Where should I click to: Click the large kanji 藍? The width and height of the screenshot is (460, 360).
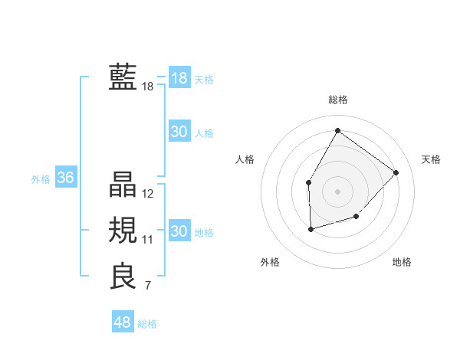(123, 77)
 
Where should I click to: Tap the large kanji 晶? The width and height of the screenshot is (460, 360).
(123, 185)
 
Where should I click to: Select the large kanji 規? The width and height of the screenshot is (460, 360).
(123, 230)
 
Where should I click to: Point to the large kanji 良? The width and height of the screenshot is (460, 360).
(123, 276)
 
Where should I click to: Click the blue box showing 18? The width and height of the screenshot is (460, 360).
(179, 78)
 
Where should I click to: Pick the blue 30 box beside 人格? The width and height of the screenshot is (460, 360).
(179, 132)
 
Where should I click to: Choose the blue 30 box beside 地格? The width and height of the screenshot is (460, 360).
(179, 231)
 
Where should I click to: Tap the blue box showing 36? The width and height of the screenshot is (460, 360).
(65, 178)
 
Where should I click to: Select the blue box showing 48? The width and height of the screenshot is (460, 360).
(122, 322)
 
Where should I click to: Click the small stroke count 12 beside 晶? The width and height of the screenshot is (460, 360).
(148, 195)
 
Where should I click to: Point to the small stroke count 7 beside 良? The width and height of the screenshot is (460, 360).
(148, 286)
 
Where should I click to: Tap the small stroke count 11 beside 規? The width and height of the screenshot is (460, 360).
(148, 240)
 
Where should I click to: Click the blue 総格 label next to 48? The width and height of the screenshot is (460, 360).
(147, 324)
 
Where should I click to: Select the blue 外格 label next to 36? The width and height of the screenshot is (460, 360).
(41, 179)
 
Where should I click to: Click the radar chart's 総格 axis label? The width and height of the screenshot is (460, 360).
(337, 100)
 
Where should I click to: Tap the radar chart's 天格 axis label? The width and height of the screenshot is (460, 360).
(431, 159)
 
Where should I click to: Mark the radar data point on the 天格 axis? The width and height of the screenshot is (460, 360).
(396, 172)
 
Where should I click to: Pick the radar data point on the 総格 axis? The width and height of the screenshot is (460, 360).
(337, 130)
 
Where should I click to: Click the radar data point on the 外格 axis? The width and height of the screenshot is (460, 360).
(310, 229)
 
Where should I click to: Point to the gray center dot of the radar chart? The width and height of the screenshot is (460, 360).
(337, 191)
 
